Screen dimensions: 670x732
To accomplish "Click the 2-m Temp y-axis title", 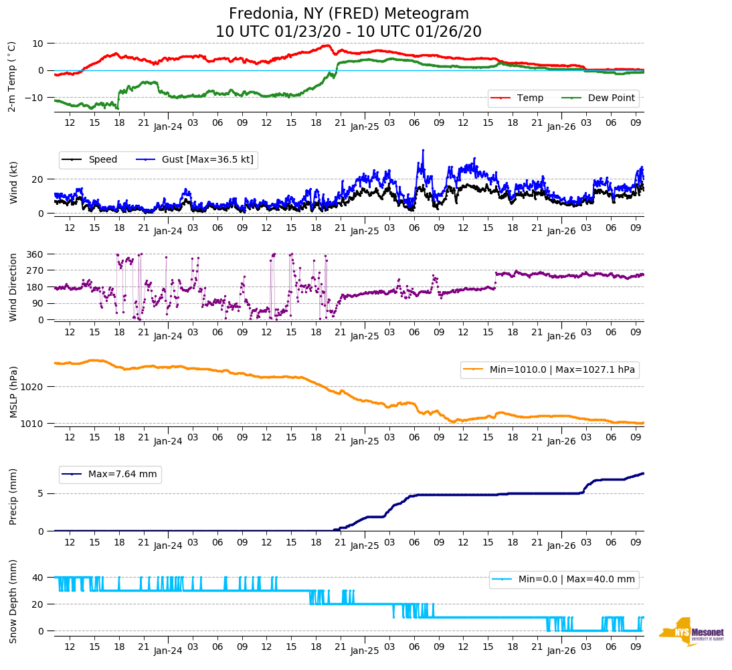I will click(x=11, y=76).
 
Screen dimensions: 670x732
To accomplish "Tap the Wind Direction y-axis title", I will click(x=13, y=287).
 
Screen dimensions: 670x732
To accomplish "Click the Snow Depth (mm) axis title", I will click(x=13, y=601).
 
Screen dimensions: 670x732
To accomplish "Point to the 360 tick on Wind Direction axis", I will click(x=35, y=254).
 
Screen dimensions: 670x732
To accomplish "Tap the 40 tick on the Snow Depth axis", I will click(x=38, y=578).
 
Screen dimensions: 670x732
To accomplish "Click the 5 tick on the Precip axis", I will click(x=41, y=494).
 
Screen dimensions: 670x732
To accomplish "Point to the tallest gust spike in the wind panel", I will click(x=423, y=150).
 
